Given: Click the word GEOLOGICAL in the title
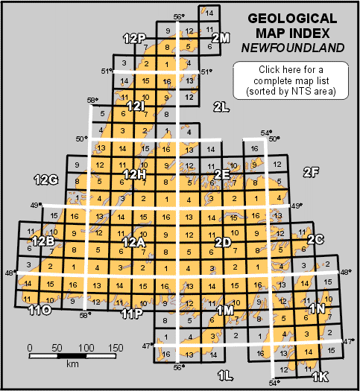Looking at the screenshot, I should (x=296, y=18).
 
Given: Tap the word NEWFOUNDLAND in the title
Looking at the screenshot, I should (x=296, y=48).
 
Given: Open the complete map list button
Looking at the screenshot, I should (x=296, y=80).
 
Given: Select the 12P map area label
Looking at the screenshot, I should (x=135, y=38).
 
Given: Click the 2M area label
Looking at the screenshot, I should (x=220, y=37).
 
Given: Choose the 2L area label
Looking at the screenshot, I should (x=221, y=106).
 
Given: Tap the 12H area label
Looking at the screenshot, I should (x=135, y=174).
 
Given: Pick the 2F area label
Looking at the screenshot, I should (x=311, y=173).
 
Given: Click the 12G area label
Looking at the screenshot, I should (x=46, y=179).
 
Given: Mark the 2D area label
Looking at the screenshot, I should (x=222, y=242).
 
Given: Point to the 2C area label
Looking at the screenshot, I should (x=315, y=240).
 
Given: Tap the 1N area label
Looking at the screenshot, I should (x=317, y=308).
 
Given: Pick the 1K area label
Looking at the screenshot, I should (x=320, y=377).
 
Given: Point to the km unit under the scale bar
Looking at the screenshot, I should (x=72, y=365).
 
